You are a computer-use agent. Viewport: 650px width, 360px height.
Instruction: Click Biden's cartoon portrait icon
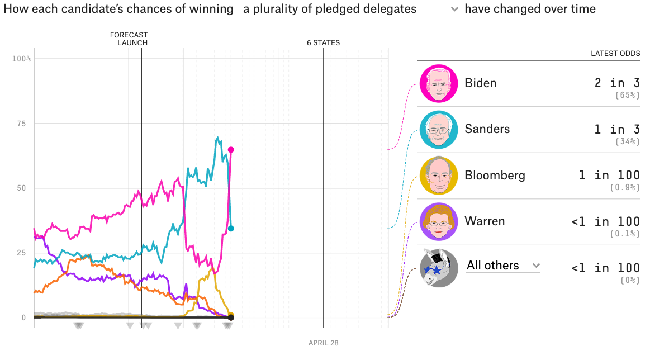[x=439, y=84]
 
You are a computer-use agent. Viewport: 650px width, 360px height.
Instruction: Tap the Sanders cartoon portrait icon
[x=439, y=130]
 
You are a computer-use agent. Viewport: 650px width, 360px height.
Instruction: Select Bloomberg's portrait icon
[x=439, y=176]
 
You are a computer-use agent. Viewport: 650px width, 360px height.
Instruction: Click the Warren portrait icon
[x=439, y=222]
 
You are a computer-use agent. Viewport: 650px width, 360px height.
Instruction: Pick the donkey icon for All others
[x=439, y=268]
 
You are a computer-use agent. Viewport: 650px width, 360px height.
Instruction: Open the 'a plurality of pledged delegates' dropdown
[x=350, y=9]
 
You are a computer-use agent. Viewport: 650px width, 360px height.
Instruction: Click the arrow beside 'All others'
[x=537, y=266]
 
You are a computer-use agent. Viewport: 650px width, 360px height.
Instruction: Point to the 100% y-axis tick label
[x=21, y=59]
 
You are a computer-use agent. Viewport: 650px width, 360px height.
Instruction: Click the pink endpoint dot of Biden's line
[x=230, y=149]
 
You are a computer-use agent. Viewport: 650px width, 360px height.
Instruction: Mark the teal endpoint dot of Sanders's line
[x=231, y=228]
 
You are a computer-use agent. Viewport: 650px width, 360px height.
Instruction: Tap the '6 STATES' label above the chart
[x=323, y=43]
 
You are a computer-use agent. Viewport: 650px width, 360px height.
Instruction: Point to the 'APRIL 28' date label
[x=323, y=343]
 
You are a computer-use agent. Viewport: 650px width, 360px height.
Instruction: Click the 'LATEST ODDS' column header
[x=615, y=54]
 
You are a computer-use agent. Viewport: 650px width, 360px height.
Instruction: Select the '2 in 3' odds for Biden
[x=617, y=83]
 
